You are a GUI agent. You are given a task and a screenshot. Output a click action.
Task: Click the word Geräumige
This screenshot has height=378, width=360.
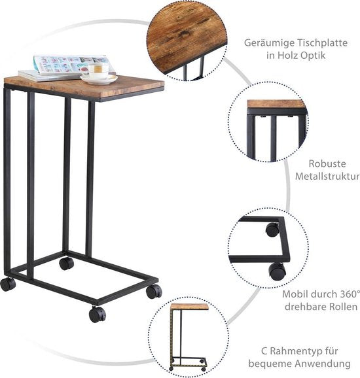tap(269, 43)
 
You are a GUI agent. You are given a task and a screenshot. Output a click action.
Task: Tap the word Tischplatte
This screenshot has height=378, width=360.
tap(322, 43)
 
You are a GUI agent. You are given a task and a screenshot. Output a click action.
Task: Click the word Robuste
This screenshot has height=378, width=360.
tap(327, 163)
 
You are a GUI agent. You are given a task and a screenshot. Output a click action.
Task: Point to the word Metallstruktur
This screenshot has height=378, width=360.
tap(327, 176)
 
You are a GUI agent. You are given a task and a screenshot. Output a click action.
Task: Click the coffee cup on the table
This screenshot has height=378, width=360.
tap(96, 70)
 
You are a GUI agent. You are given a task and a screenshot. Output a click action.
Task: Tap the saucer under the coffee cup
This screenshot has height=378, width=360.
tap(99, 79)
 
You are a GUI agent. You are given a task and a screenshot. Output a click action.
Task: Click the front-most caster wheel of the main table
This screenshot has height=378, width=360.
tap(98, 315)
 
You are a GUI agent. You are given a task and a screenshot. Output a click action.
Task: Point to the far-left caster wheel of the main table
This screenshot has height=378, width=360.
tap(8, 284)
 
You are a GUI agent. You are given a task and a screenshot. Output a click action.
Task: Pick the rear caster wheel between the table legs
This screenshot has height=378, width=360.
tap(66, 264)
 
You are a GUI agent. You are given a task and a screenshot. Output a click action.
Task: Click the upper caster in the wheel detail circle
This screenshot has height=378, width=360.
tap(272, 230)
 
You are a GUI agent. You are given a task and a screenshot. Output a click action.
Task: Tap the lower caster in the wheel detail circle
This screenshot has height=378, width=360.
tap(278, 271)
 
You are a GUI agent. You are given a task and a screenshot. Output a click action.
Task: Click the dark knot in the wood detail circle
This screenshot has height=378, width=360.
tap(183, 34)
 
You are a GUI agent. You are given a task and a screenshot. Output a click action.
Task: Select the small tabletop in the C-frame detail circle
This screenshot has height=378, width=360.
tap(189, 307)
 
